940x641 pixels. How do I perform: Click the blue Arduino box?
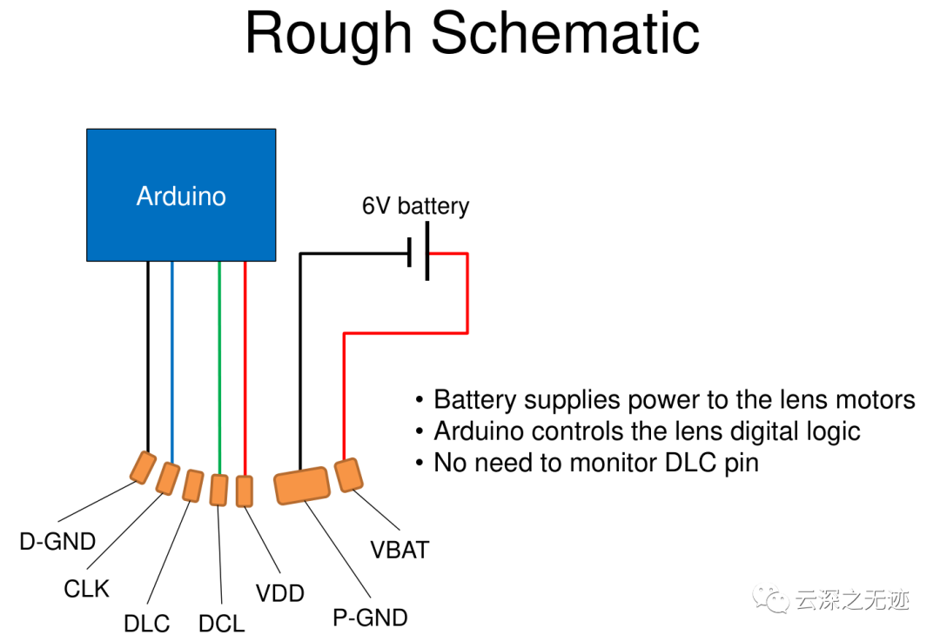[181, 196]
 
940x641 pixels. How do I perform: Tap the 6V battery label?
[415, 206]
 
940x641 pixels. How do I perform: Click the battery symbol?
[418, 251]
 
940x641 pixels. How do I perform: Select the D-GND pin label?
[57, 542]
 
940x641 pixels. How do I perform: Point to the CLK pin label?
[87, 589]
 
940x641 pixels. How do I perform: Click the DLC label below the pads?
[147, 624]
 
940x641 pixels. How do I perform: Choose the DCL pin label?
[222, 624]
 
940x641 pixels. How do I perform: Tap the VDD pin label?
[280, 593]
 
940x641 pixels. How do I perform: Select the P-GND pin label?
[371, 618]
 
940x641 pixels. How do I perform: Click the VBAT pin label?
[399, 550]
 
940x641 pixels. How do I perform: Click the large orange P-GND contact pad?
[302, 486]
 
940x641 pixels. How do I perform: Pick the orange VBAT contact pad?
[348, 475]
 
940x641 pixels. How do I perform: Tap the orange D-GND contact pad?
[144, 467]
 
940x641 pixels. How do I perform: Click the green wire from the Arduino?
[219, 368]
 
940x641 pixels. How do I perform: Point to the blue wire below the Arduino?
[172, 363]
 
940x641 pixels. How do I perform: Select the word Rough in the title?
[328, 35]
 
